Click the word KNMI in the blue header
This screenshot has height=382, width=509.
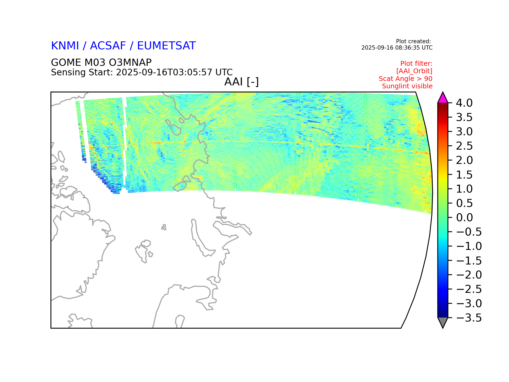coord(65,46)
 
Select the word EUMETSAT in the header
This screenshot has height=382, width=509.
coord(166,46)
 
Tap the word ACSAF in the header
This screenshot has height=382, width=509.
coord(108,46)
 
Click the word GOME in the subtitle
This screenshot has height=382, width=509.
coord(66,63)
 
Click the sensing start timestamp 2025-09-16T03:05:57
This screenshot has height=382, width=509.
coord(164,72)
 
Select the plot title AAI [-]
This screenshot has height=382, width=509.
coord(242,82)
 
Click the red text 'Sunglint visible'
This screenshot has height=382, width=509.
coord(407,86)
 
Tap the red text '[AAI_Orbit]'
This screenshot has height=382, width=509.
coord(414,71)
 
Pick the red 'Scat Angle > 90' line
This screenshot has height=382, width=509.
coord(406,79)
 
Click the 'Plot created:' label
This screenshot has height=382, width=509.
coord(413,41)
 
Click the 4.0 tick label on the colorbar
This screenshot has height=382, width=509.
coord(464,103)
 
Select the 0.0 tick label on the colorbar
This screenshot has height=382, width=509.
coord(464,218)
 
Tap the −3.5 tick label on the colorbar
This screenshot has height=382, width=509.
coord(469,318)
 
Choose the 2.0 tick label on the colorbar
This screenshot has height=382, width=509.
coord(464,160)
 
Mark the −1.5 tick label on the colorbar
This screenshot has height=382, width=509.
coord(469,261)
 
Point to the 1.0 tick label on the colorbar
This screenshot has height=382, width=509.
coord(464,189)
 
